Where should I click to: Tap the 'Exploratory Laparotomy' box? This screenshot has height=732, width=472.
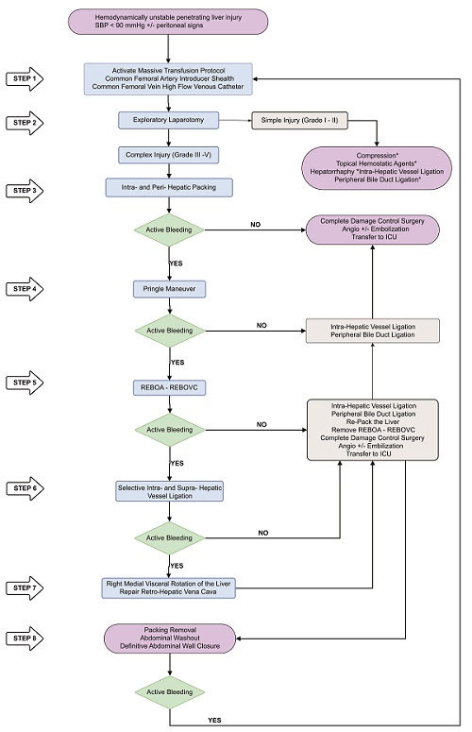(x=168, y=121)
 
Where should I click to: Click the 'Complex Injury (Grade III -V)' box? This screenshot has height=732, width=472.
(x=168, y=154)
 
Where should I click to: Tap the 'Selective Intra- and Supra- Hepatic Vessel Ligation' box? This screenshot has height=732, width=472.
(x=168, y=492)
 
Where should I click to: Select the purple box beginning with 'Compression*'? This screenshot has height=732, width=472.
(x=376, y=165)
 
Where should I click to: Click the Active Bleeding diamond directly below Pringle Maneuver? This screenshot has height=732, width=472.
(x=168, y=331)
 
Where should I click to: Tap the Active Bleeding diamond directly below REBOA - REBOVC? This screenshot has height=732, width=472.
(x=168, y=430)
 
